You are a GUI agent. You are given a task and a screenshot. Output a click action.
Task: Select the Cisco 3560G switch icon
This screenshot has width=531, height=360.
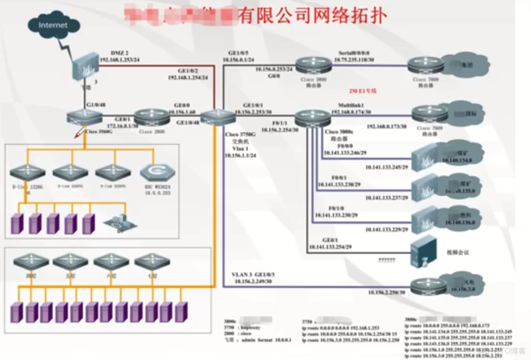tap(85, 117)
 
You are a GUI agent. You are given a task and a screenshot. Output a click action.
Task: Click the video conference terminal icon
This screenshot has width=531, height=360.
tap(424, 251)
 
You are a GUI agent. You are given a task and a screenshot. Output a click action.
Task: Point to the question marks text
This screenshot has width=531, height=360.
tap(386, 260)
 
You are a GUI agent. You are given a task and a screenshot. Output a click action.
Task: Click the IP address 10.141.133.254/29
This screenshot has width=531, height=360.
tap(329, 247)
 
